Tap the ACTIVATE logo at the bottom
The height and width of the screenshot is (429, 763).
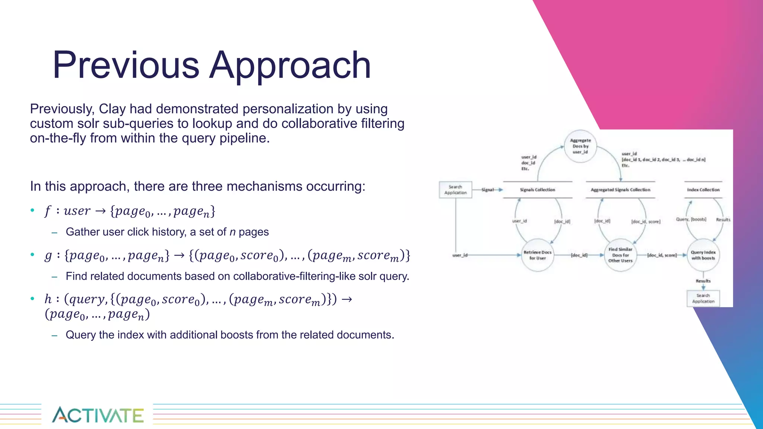click(x=98, y=415)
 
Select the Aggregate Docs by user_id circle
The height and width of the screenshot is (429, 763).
click(x=580, y=146)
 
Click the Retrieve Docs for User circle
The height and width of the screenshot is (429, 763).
click(x=537, y=255)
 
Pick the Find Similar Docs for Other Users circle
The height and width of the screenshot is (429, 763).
click(x=620, y=255)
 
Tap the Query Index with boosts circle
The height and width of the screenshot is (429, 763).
click(x=703, y=255)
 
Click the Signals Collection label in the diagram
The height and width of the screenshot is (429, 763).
click(x=537, y=190)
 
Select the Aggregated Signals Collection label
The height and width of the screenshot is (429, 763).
click(x=620, y=190)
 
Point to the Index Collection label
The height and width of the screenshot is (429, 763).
click(x=703, y=190)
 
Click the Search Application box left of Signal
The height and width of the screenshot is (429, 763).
click(x=455, y=190)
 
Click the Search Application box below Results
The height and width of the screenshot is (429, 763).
click(x=703, y=298)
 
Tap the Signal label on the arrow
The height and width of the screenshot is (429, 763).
click(x=487, y=190)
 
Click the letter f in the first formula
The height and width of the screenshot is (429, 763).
click(x=47, y=211)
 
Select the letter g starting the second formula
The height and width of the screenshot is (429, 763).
click(x=48, y=255)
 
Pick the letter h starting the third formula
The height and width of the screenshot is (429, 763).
click(x=48, y=299)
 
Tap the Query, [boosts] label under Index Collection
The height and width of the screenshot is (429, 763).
click(x=691, y=219)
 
